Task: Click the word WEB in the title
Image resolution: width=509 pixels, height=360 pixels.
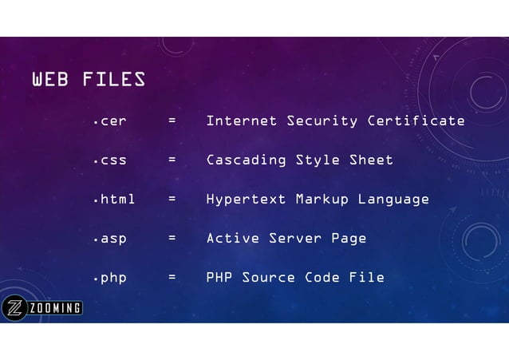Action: point(49,80)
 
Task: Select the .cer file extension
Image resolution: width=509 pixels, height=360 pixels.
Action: point(110,121)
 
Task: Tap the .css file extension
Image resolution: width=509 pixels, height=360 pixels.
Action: point(110,160)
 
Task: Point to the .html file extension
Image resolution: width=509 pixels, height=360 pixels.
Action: point(114,199)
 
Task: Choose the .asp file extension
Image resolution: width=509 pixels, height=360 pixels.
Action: point(110,239)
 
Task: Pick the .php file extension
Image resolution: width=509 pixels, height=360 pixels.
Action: point(110,278)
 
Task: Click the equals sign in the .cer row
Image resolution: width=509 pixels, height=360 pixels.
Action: point(172,121)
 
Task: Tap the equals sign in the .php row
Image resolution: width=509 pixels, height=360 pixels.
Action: point(172,278)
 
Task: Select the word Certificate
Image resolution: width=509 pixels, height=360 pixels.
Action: point(416,121)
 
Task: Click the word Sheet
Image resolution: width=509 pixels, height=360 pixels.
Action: point(371,160)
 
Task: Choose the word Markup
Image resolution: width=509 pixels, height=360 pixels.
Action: point(322,199)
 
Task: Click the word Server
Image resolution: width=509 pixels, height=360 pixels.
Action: point(294,239)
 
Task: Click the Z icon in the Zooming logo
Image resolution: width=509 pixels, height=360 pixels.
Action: point(15,308)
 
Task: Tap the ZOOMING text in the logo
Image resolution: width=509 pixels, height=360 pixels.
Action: point(56,309)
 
